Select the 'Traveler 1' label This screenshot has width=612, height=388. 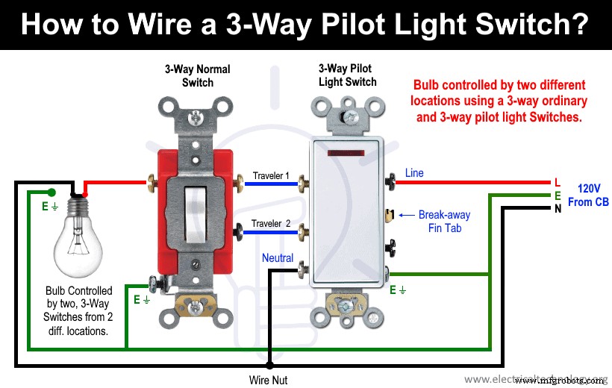[271, 175]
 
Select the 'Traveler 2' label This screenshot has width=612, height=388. [271, 224]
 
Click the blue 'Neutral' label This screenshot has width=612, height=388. [278, 258]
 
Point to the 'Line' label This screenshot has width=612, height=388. [414, 173]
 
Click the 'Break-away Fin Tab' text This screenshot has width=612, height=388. [444, 222]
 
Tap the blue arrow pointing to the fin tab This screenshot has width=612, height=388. [406, 215]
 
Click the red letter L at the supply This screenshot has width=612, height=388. [556, 182]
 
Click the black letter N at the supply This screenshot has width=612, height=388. [557, 209]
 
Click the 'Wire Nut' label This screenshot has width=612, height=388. [269, 380]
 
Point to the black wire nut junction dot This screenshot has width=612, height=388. [269, 366]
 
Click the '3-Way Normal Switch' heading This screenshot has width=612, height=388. [198, 76]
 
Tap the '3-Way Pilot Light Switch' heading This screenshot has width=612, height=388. [347, 75]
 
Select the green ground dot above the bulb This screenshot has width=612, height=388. [50, 192]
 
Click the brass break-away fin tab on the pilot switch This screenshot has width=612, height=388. [388, 216]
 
